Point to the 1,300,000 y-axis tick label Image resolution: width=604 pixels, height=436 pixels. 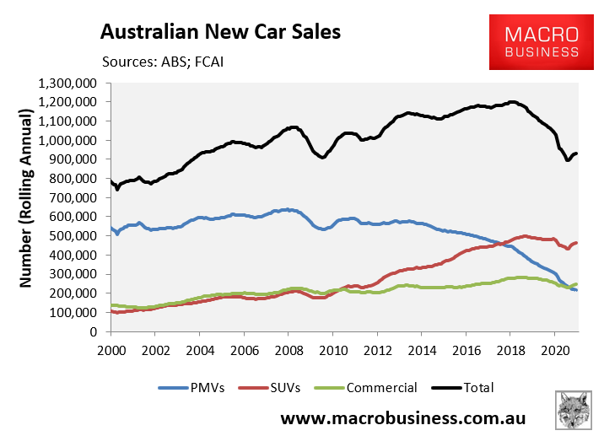68,83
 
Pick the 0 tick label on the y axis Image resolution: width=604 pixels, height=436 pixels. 94,332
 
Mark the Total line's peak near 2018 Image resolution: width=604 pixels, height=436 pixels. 512,102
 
